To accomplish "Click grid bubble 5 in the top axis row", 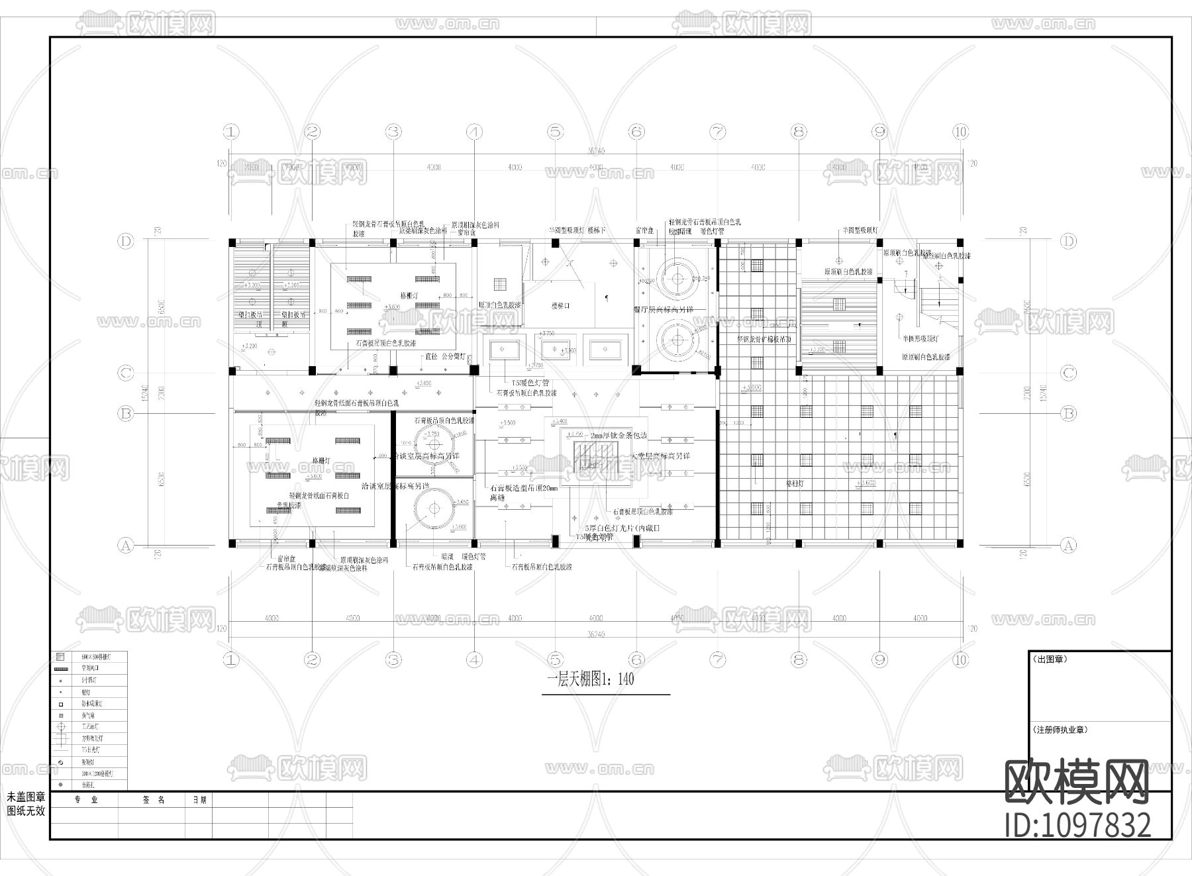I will point(556,132).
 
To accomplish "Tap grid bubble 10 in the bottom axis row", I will point(961,659).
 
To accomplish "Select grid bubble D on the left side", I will point(126,241).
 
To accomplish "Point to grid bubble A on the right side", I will point(1068,546).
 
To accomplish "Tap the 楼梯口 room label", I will point(560,306).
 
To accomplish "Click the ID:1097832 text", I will point(1077,826).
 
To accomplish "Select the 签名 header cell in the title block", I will point(153,800).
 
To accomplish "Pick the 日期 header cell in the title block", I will point(199,800).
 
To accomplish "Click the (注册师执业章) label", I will point(1060,730).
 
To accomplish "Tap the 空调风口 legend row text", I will point(90,669).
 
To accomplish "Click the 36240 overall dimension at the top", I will point(595,152).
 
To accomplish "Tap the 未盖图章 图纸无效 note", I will point(26,804).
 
